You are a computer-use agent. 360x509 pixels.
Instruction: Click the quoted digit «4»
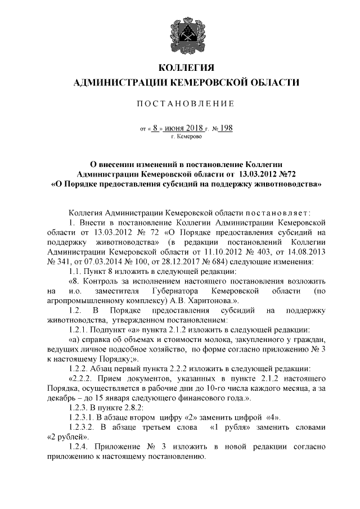[280, 416]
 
